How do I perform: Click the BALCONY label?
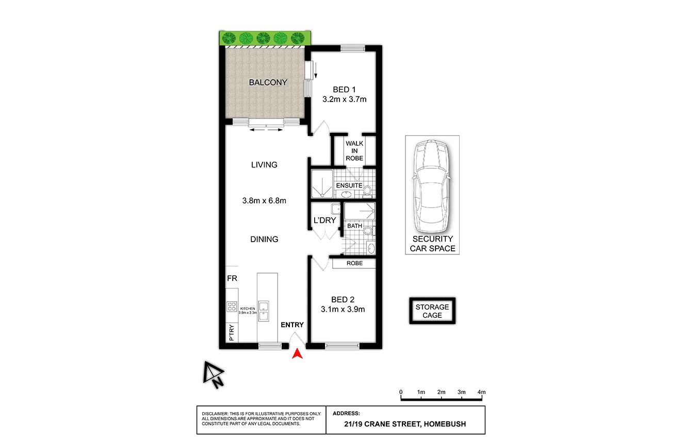pos(268,82)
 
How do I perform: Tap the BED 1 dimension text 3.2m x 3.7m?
pos(344,99)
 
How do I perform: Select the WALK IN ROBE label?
pos(354,151)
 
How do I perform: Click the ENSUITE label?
pos(349,185)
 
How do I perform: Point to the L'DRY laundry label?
pos(325,220)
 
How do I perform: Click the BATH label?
pos(354,226)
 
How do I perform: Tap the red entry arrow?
pos(297,354)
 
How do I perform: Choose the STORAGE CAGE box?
pos(432,311)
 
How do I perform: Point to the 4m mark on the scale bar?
pos(482,392)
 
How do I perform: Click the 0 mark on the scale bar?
pos(401,392)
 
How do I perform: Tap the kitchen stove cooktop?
pos(232,307)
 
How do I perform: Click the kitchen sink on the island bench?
pos(264,311)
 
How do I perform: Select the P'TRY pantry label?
pos(231,333)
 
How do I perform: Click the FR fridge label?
pos(232,278)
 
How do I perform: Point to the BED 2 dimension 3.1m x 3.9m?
pos(343,310)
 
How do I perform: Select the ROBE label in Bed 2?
pos(354,263)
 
